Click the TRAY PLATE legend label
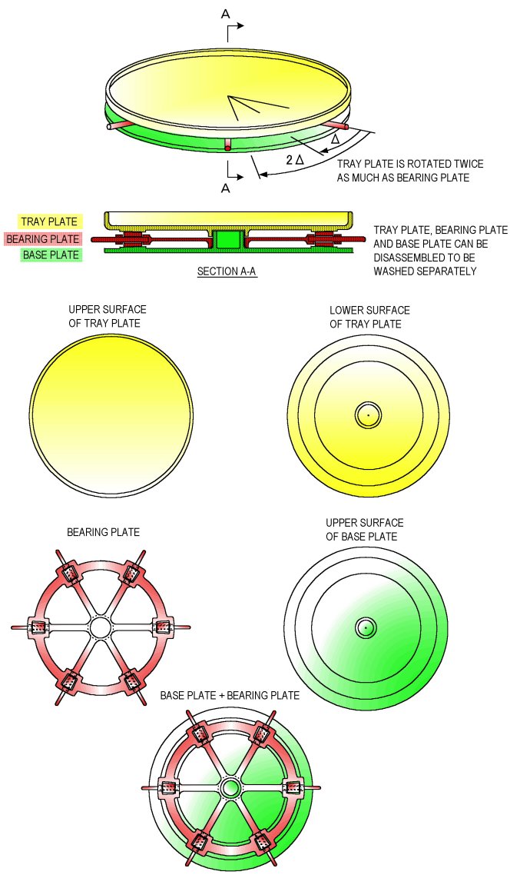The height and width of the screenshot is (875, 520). click(x=49, y=221)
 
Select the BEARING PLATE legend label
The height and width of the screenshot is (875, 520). click(x=43, y=239)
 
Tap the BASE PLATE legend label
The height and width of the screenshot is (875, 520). click(x=51, y=255)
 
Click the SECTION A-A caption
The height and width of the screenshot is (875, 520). click(x=227, y=271)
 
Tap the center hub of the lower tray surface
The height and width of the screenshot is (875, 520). click(x=369, y=415)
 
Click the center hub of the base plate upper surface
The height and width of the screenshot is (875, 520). click(x=366, y=627)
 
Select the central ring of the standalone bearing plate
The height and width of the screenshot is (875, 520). click(x=101, y=627)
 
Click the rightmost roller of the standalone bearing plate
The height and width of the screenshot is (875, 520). click(x=163, y=627)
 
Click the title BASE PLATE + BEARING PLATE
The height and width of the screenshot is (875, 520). click(x=230, y=695)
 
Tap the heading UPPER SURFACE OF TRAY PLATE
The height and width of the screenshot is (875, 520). click(x=108, y=317)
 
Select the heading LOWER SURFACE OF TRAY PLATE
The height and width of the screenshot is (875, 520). click(x=369, y=317)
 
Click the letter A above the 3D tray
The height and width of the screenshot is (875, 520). click(x=225, y=14)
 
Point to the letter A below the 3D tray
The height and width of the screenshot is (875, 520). click(x=225, y=188)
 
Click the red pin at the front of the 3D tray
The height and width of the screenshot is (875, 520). click(x=227, y=145)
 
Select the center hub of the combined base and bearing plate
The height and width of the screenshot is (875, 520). click(x=230, y=789)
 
